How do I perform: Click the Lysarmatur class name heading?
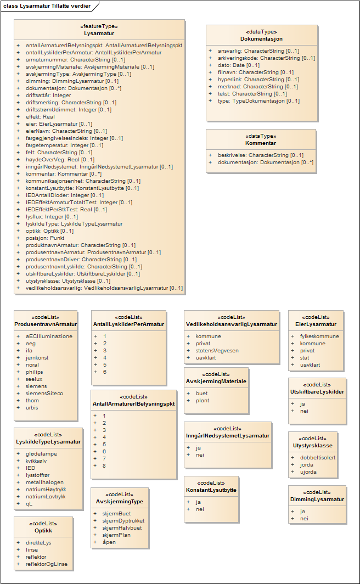(x=99, y=33)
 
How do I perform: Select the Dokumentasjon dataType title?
(x=261, y=39)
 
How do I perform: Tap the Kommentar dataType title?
(x=261, y=143)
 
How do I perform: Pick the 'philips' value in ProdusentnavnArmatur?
(x=34, y=372)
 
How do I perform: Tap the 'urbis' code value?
(x=32, y=407)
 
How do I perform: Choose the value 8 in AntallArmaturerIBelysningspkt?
(x=104, y=465)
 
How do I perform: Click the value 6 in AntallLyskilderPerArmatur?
(x=105, y=372)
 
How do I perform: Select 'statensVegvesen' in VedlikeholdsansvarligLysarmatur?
(x=217, y=350)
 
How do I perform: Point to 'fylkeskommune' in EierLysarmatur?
(x=319, y=336)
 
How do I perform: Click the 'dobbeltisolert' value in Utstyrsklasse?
(x=319, y=458)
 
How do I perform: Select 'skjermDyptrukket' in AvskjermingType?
(x=123, y=520)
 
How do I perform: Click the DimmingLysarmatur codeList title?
(x=317, y=499)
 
